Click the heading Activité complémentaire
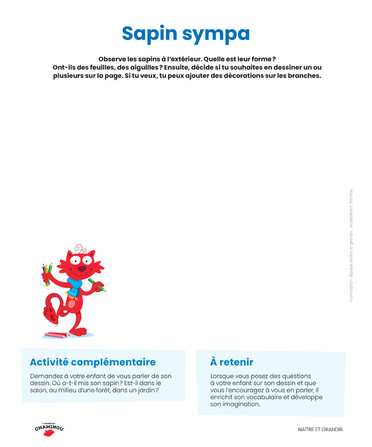[x=93, y=362]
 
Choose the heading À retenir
[x=232, y=362]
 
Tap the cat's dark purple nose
[x=81, y=269]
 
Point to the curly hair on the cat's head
[x=80, y=248]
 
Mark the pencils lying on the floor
[x=56, y=335]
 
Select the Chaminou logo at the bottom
[x=48, y=429]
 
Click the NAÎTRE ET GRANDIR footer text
[x=320, y=430]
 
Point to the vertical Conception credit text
[x=351, y=244]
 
